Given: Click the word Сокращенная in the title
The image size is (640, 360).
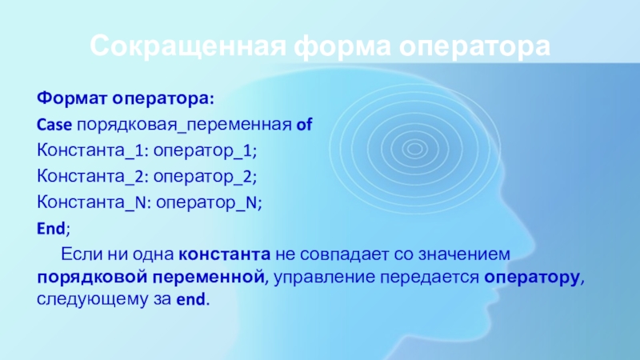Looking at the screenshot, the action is pyautogui.click(x=188, y=46).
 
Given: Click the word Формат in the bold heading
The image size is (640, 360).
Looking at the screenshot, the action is pyautogui.click(x=72, y=98).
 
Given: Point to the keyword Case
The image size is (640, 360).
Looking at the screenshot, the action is pyautogui.click(x=54, y=125).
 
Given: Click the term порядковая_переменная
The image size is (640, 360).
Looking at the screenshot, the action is pyautogui.click(x=184, y=126).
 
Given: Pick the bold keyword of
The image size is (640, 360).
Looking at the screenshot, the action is pyautogui.click(x=304, y=125).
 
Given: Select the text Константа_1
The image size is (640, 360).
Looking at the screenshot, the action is pyautogui.click(x=90, y=150).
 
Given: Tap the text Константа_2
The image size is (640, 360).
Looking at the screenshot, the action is pyautogui.click(x=90, y=177).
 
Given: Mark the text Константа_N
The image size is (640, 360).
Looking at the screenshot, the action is pyautogui.click(x=92, y=202).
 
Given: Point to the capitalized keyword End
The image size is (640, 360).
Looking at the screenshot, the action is pyautogui.click(x=51, y=229).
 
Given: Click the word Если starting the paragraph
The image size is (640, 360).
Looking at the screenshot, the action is pyautogui.click(x=82, y=254).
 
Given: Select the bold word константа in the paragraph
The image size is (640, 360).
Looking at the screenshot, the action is pyautogui.click(x=225, y=254).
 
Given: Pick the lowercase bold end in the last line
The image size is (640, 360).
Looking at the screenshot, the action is pyautogui.click(x=190, y=300).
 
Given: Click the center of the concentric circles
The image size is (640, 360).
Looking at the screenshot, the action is pyautogui.click(x=414, y=149).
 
